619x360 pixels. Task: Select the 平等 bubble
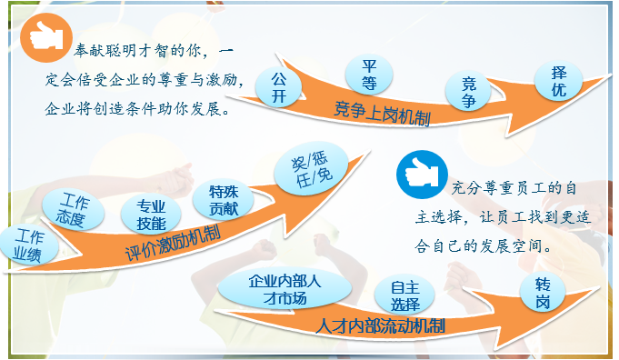point(370,75)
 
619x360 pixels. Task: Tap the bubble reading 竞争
point(468,92)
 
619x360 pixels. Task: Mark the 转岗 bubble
point(543,293)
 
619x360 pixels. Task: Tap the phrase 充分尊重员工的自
point(514,189)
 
